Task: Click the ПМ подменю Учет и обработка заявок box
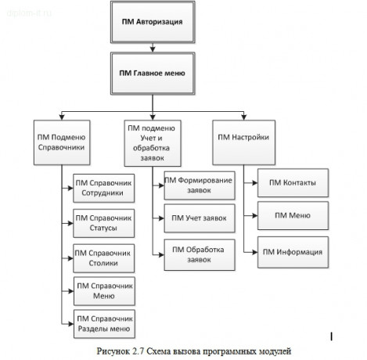click(x=153, y=142)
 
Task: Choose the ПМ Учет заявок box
click(x=198, y=219)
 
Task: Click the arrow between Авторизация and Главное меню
click(x=153, y=49)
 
